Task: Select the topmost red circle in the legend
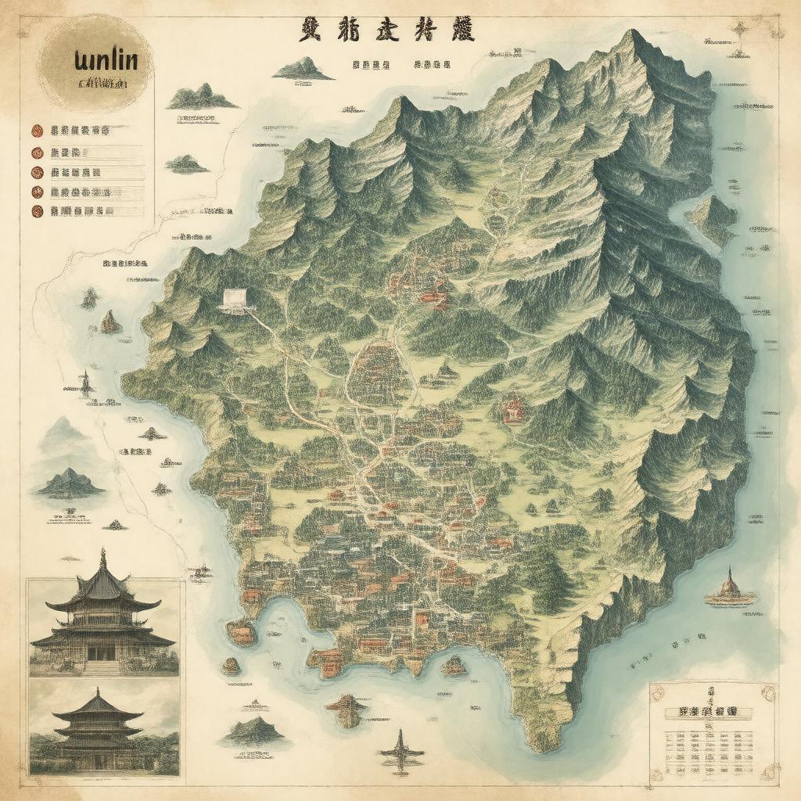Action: (36, 131)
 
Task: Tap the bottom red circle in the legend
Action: (36, 210)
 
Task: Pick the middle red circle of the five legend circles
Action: (36, 171)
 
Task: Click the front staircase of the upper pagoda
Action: (102, 667)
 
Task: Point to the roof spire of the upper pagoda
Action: (102, 557)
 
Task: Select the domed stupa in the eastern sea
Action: (730, 587)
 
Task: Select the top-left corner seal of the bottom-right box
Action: (657, 691)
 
